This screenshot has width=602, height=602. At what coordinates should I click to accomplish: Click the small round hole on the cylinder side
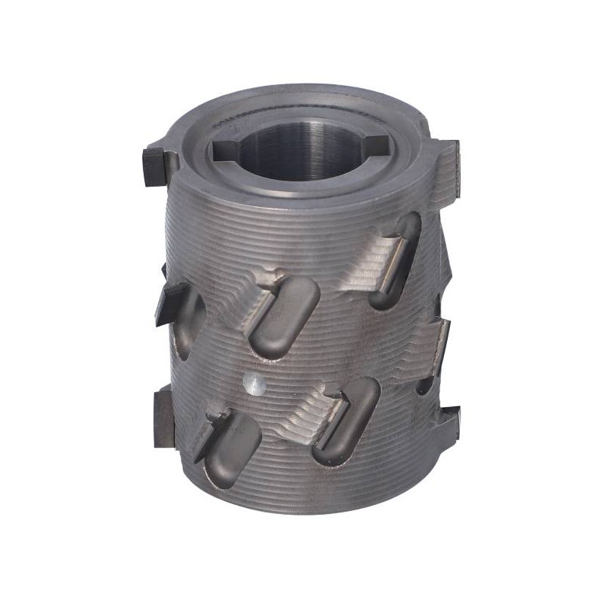point(255,385)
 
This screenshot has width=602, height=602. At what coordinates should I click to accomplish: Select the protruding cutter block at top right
point(449,162)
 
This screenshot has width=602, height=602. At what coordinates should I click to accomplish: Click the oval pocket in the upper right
point(397,260)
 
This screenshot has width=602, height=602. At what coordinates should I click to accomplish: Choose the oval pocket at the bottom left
point(230,451)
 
